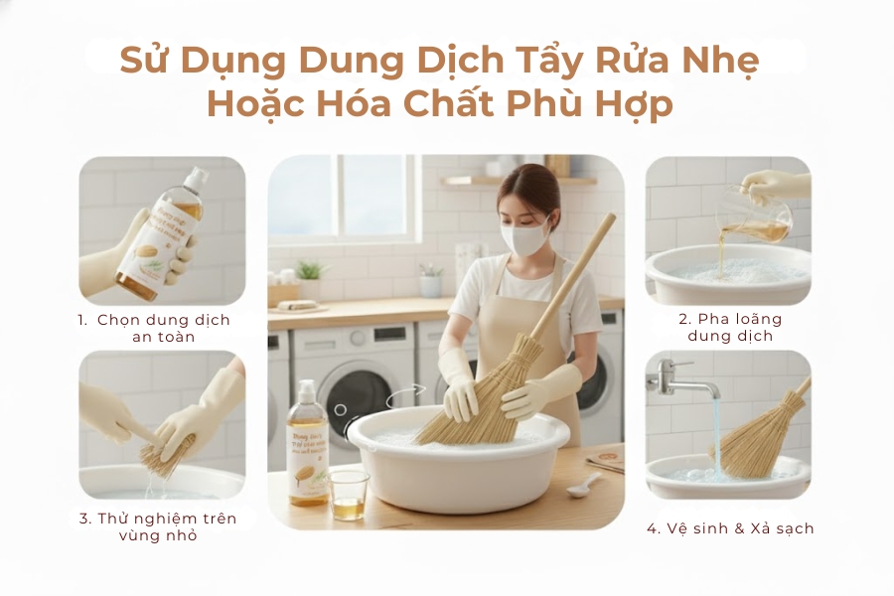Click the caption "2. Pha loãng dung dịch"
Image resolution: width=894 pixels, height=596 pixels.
(x=730, y=327)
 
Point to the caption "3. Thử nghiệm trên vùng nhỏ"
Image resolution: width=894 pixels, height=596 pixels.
(x=164, y=526)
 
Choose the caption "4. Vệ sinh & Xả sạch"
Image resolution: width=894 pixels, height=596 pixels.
(x=730, y=528)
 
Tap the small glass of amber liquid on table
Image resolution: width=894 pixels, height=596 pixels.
(x=348, y=494)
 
